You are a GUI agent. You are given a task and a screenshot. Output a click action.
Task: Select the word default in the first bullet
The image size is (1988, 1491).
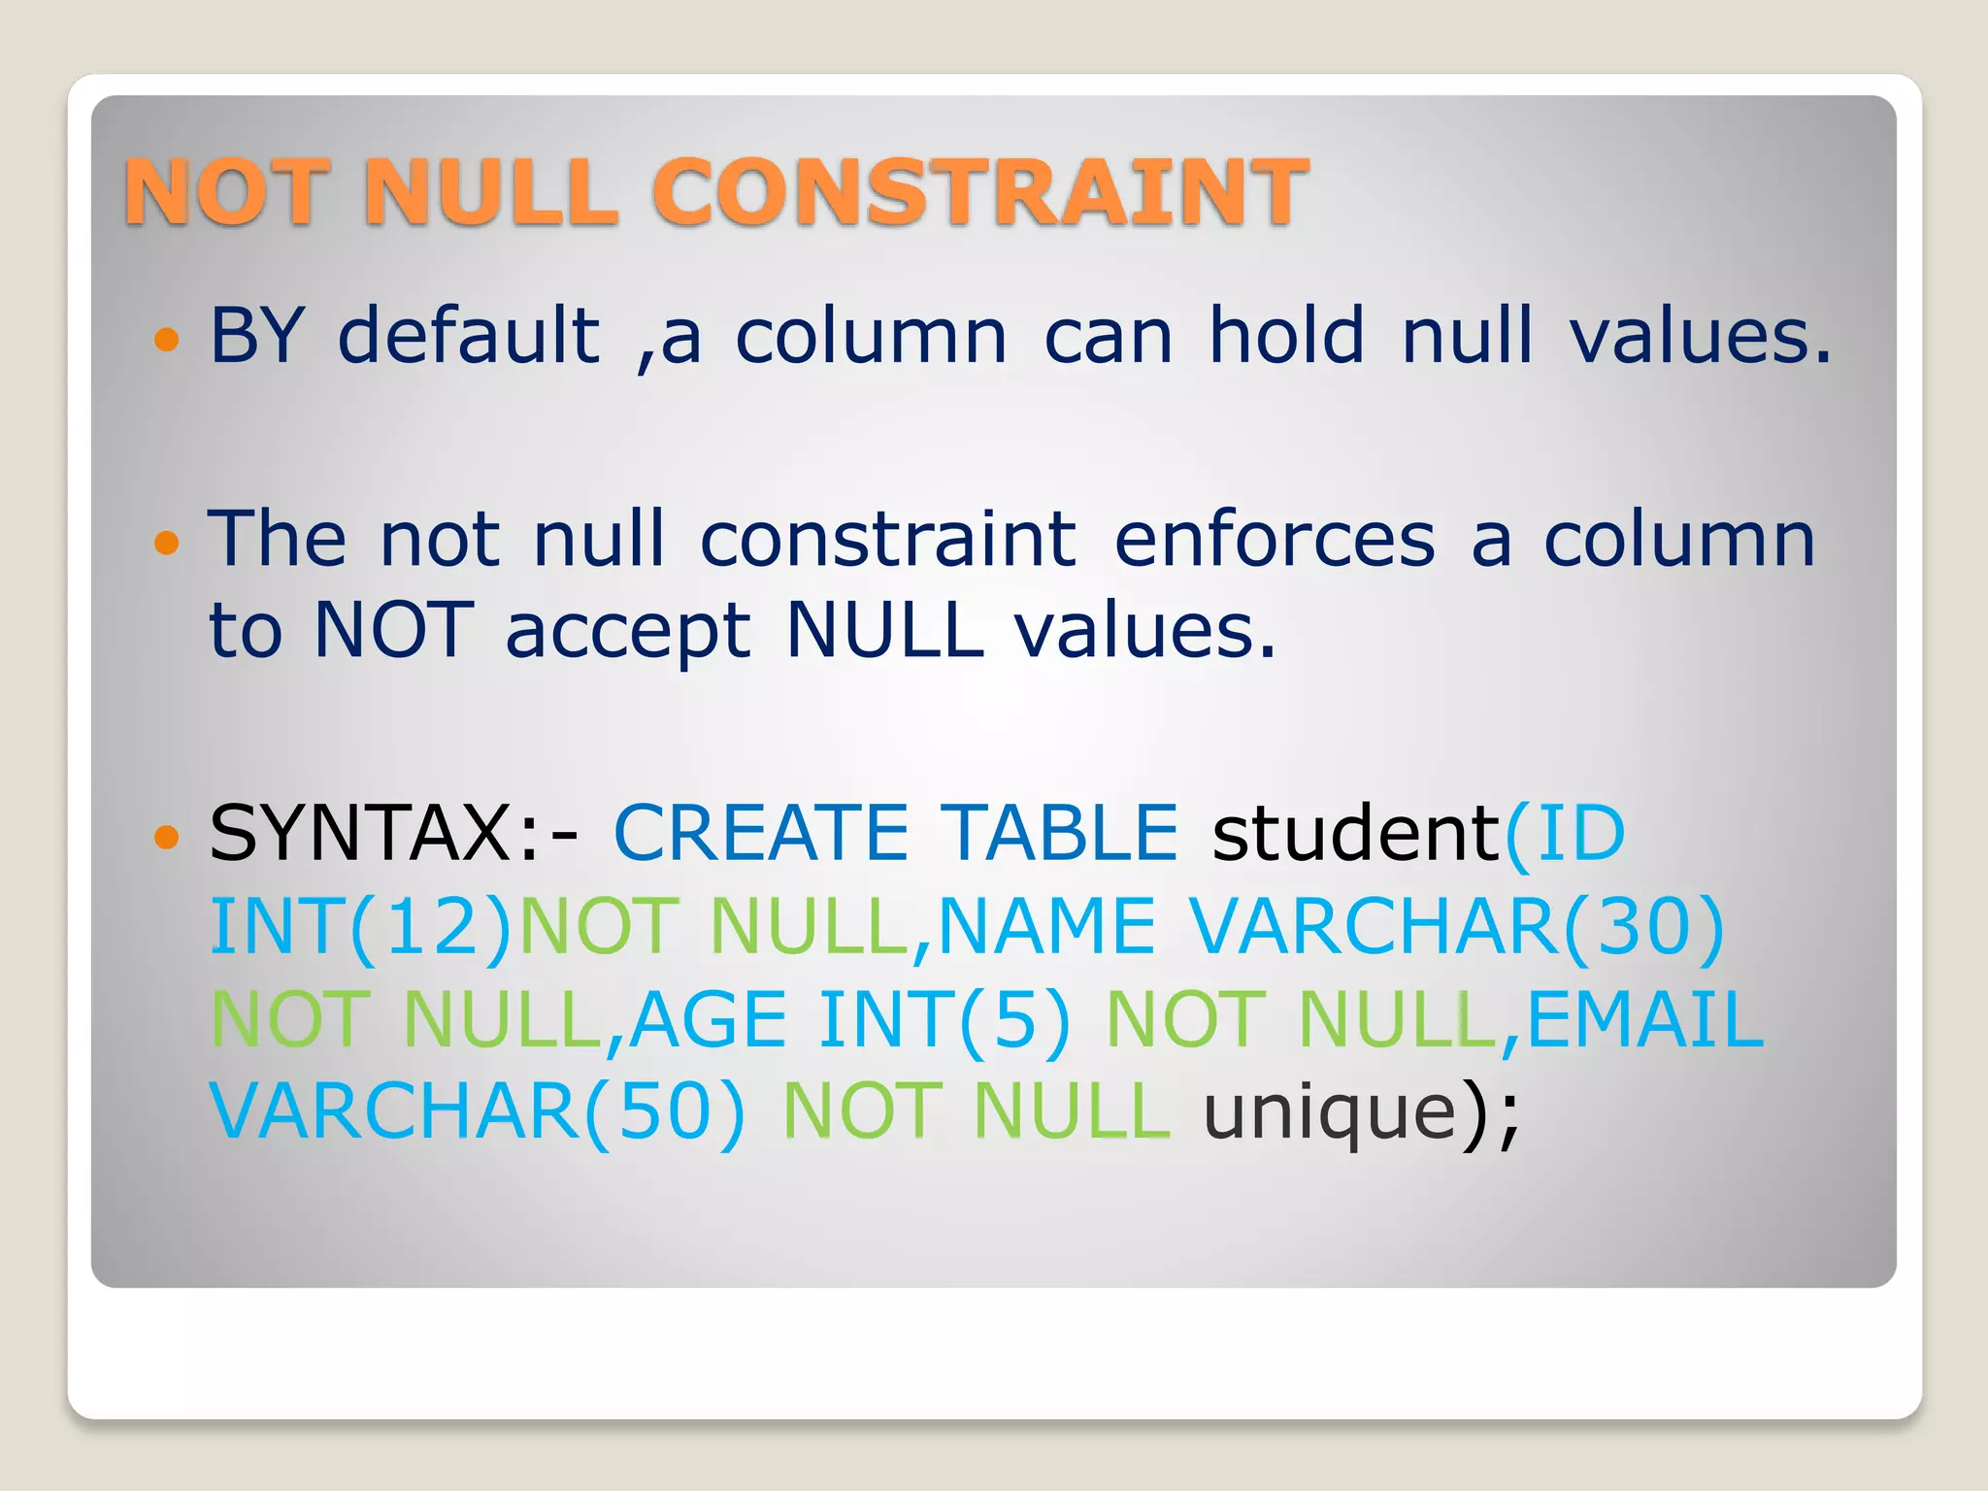(x=469, y=336)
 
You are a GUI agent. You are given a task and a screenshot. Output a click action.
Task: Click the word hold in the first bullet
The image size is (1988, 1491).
(x=1286, y=336)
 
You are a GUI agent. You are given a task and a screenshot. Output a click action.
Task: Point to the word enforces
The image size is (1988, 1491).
(x=1274, y=540)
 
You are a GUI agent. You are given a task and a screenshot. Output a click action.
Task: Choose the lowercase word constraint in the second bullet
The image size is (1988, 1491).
(x=887, y=540)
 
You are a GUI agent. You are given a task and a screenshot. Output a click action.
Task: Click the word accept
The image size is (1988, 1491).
(x=628, y=632)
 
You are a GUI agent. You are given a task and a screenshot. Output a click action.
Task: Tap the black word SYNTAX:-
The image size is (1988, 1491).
(x=393, y=834)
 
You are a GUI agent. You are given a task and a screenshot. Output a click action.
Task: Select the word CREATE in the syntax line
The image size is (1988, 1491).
(x=760, y=834)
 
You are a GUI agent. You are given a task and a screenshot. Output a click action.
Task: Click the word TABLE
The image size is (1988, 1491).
(x=1062, y=834)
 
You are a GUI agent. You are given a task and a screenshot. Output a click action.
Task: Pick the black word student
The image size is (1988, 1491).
(x=1357, y=834)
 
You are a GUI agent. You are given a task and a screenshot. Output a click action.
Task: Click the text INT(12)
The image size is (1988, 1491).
(x=360, y=927)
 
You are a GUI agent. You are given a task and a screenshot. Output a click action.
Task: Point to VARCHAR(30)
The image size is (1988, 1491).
(x=1456, y=927)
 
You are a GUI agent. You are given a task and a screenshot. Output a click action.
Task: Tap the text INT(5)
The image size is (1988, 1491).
(x=944, y=1020)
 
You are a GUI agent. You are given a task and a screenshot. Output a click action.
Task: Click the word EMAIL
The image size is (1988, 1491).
(x=1646, y=1020)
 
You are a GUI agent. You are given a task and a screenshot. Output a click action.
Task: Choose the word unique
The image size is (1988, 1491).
(x=1330, y=1112)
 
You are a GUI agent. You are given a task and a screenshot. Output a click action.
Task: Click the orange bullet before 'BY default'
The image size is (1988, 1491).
(x=167, y=339)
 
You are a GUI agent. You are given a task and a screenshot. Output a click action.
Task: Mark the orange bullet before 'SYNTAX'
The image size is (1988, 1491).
(x=167, y=836)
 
